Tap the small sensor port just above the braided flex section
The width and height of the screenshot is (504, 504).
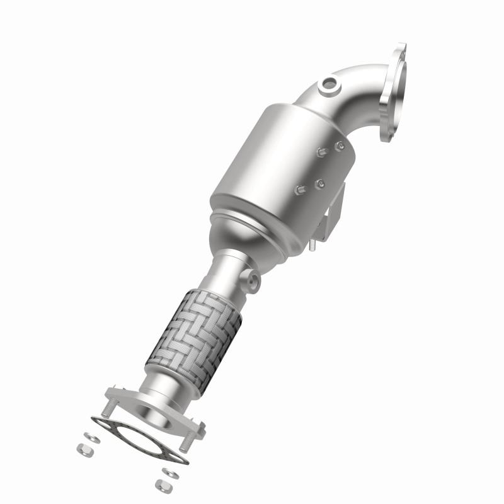252,279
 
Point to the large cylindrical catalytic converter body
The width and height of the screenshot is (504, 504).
277,164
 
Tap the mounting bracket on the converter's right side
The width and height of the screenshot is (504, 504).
334,211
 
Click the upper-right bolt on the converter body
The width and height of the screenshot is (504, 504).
340,146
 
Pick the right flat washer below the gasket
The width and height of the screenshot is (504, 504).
168,470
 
